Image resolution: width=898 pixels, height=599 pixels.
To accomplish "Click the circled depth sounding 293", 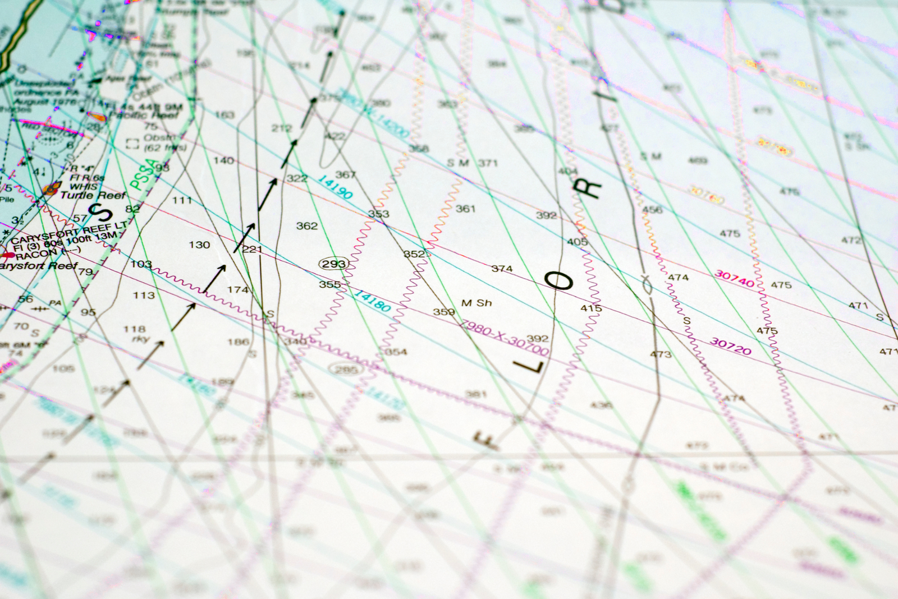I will tap(334, 264).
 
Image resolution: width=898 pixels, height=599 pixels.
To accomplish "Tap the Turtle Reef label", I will tap(93, 195).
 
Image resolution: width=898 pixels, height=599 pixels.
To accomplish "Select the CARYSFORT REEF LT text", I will tap(67, 232).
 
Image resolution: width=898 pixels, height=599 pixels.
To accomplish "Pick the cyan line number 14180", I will tap(372, 301).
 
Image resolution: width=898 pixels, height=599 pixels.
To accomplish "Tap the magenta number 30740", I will tap(734, 278).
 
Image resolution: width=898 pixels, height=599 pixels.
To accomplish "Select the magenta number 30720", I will tap(730, 345).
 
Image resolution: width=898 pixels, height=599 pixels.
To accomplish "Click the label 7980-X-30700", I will tap(503, 337).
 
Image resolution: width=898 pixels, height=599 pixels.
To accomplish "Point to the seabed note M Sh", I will tap(477, 303).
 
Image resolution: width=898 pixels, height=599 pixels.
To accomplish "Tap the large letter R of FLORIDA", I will tap(589, 190).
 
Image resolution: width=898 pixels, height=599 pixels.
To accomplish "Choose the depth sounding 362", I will tap(307, 225).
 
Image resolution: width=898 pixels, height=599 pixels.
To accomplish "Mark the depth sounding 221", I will tap(252, 249).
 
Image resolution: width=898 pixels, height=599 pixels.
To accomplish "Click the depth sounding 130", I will tap(199, 245).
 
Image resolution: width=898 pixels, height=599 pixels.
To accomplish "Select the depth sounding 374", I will tap(502, 269).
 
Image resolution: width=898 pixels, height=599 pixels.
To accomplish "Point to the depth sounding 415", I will tap(591, 308).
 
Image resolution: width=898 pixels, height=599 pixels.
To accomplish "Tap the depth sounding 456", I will tap(652, 210).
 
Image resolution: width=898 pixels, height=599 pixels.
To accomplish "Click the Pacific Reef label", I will tap(144, 115).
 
